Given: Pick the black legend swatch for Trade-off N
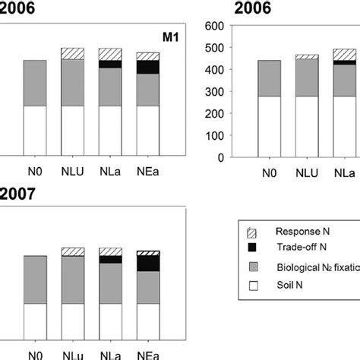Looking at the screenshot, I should pos(254,248).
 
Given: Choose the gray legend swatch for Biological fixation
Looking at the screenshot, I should pos(254,268).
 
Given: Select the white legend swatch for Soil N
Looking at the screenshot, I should pos(254,289).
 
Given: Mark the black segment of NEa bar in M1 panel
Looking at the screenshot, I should pos(147,67).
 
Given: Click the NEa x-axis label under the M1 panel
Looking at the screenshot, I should pos(147,172).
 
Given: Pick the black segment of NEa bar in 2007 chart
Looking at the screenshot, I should pos(147,263).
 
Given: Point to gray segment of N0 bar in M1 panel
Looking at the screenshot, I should pos(36,83).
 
